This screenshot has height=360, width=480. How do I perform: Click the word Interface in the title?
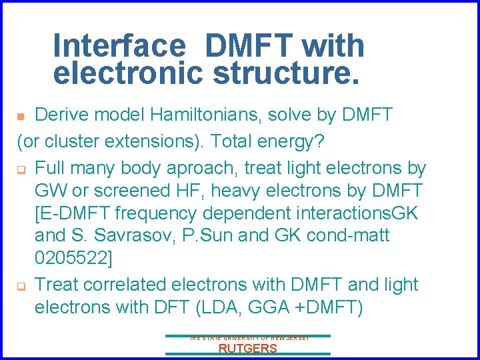point(119,45)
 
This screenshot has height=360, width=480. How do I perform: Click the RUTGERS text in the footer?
point(247,349)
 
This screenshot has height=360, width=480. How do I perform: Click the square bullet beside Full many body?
point(21,168)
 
